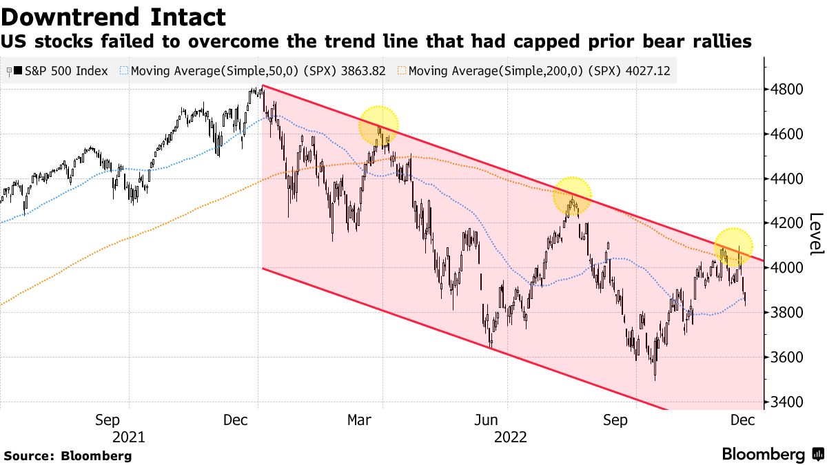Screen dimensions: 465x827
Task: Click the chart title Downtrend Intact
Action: [113, 17]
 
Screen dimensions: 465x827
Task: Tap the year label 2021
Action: [128, 437]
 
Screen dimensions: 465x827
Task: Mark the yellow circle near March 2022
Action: [378, 126]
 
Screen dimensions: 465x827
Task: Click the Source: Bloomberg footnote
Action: [68, 455]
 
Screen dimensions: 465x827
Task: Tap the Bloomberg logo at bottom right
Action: [772, 455]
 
